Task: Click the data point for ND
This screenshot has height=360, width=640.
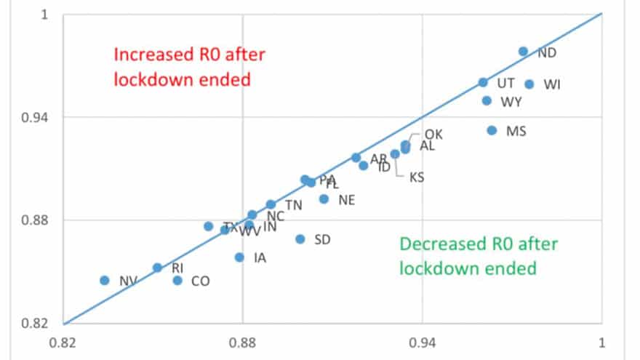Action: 523,52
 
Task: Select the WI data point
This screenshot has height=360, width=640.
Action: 529,84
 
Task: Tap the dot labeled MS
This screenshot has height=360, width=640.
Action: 492,131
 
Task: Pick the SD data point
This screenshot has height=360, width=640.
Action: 300,239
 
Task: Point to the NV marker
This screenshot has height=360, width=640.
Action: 104,281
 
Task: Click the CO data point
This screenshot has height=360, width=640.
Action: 177,281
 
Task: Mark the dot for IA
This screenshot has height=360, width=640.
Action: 239,257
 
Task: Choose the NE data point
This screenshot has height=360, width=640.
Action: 324,199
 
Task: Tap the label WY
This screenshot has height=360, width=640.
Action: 511,102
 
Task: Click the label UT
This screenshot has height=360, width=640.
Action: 506,84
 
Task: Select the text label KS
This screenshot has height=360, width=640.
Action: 416,177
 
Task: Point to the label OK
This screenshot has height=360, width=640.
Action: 433,135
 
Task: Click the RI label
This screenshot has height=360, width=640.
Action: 177,268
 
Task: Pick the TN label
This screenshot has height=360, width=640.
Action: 293,205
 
